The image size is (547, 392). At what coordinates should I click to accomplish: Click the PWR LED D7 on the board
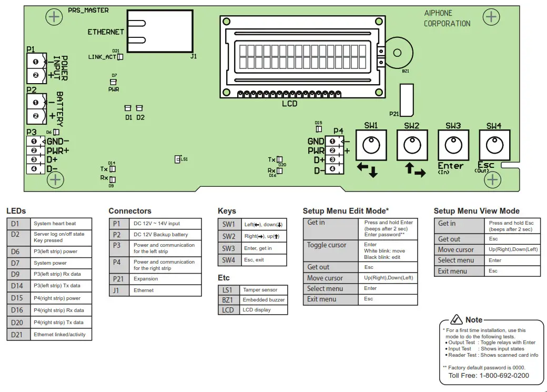[113, 82]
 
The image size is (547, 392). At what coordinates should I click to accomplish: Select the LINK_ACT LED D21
[120, 57]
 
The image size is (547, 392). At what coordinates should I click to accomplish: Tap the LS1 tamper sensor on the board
[178, 159]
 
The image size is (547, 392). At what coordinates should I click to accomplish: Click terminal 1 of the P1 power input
[36, 62]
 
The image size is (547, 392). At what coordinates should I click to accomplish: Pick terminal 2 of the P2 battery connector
[36, 116]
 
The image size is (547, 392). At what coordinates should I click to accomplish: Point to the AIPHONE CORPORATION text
[447, 18]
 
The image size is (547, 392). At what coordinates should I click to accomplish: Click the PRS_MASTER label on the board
[88, 10]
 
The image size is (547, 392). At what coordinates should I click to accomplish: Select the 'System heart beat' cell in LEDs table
[60, 223]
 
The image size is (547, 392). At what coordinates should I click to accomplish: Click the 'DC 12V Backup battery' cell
[165, 235]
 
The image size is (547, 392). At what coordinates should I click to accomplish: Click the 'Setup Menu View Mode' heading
[476, 211]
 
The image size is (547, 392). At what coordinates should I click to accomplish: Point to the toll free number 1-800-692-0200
[489, 375]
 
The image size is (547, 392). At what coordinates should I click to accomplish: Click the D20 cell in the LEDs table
[18, 323]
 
